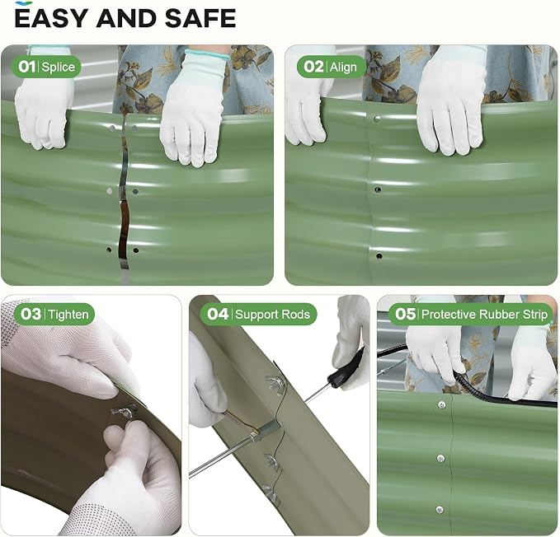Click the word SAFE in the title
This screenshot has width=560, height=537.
200,18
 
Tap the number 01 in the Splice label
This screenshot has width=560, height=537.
27,67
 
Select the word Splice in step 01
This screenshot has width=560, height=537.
59,67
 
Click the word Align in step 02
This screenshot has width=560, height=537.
343,67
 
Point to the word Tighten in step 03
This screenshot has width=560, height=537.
68,315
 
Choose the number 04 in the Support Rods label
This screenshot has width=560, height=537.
218,314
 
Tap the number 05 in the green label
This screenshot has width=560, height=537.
405,314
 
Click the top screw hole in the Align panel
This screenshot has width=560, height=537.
377,119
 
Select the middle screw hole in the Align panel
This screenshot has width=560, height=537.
378,189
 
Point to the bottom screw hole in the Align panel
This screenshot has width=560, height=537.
379,255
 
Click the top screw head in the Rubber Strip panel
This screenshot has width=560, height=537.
442,404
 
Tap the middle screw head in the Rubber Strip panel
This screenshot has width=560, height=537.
441,459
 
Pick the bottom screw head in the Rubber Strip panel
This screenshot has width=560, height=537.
440,511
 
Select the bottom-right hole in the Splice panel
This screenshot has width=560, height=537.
136,250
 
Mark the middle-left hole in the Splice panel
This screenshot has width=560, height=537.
110,191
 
